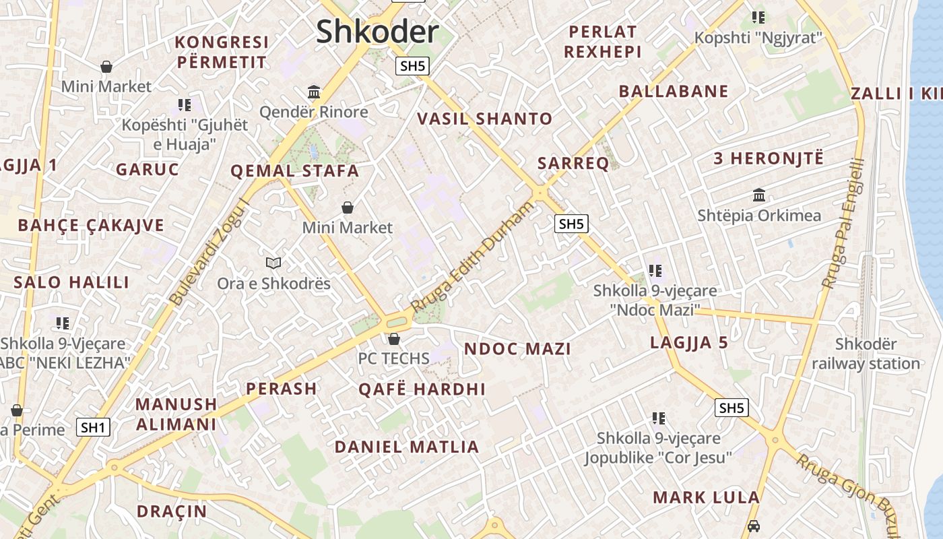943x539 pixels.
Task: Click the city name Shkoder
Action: [377, 32]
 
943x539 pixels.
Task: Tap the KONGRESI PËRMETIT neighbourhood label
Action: [222, 53]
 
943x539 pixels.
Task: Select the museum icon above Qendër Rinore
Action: [314, 92]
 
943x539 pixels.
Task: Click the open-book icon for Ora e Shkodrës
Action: [273, 263]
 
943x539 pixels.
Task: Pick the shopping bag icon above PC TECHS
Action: [394, 338]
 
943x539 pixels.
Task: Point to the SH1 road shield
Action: [93, 427]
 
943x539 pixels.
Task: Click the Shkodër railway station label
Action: [866, 354]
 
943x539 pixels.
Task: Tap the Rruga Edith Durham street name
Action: [471, 257]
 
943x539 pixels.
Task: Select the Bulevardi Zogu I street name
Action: [209, 253]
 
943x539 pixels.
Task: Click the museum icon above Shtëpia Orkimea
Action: [759, 195]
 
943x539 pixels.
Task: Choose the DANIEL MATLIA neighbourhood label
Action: [407, 447]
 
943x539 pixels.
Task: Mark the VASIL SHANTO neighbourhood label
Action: [484, 119]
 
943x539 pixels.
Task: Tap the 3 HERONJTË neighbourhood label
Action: [769, 159]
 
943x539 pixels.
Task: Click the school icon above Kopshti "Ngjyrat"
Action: [758, 18]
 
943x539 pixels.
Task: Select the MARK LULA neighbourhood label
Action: [706, 498]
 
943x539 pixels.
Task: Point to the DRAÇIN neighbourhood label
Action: [172, 511]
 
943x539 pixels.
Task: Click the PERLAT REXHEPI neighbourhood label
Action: [602, 42]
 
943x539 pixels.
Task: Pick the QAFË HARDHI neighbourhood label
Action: [422, 389]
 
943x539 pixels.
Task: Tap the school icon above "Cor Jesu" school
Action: [658, 418]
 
